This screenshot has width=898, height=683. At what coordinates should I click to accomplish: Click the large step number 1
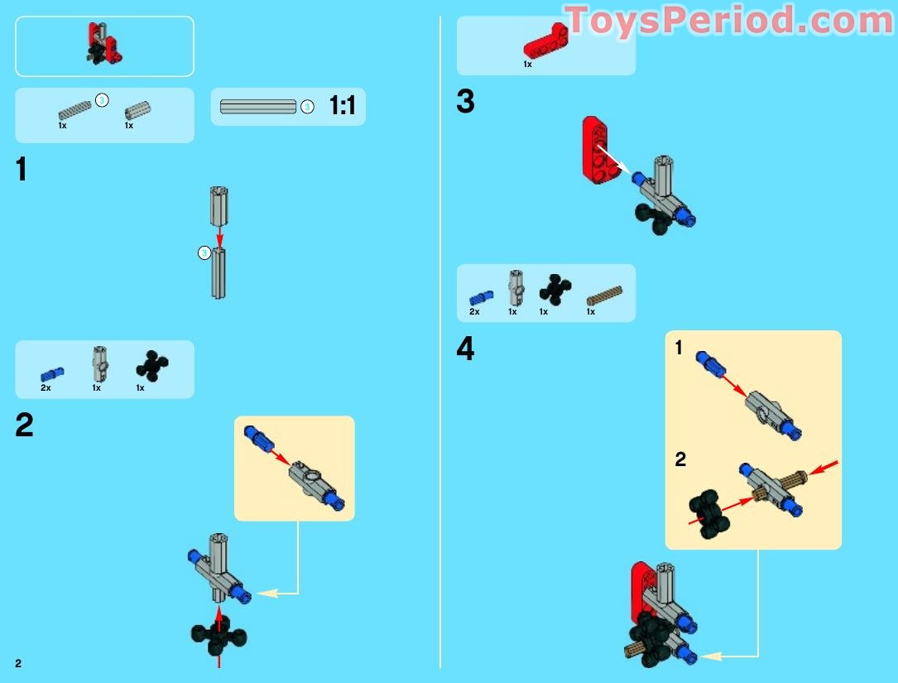tap(22, 170)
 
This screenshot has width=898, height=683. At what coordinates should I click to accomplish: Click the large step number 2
tap(25, 426)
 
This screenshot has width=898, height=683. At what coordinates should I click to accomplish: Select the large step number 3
tap(466, 102)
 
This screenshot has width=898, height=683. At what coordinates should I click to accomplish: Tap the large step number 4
tap(466, 349)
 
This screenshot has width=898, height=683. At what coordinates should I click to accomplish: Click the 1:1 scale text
tap(342, 107)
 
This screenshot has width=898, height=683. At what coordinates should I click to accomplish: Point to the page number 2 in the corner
tap(18, 663)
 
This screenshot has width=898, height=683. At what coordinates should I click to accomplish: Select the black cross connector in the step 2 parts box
tap(151, 365)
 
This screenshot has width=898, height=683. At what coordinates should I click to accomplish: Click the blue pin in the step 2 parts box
tap(52, 373)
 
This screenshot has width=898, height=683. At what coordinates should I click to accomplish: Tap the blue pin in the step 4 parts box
tap(480, 296)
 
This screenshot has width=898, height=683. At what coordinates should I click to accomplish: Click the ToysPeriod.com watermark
tap(728, 21)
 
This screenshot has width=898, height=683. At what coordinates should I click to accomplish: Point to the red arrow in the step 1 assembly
tap(218, 234)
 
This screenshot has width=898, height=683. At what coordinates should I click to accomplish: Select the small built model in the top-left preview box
tap(103, 44)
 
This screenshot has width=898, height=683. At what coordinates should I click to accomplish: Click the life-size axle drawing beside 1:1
tap(258, 107)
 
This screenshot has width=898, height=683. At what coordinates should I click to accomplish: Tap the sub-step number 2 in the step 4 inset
tap(680, 459)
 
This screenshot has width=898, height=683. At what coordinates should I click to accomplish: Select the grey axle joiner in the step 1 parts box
tap(137, 111)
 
